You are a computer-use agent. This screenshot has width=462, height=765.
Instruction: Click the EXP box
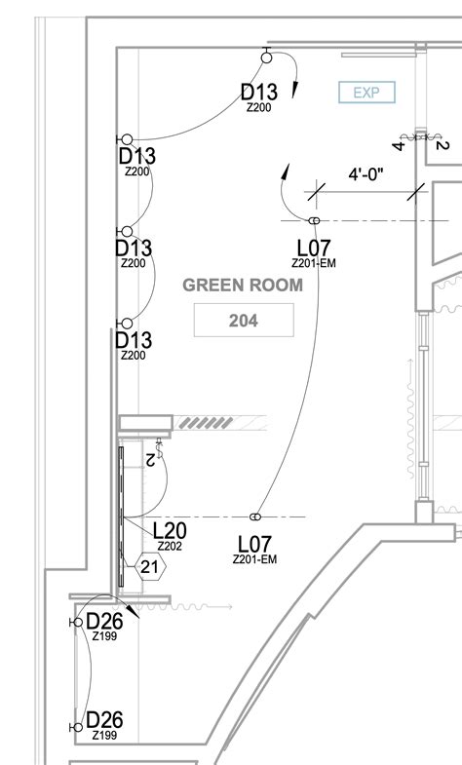coord(366,93)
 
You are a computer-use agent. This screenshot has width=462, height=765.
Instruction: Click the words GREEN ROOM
coord(243,286)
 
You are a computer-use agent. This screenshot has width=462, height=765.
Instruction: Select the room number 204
coord(243,319)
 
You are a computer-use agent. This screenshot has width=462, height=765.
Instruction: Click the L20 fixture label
coord(170,530)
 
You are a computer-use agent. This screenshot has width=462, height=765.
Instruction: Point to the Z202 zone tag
coord(170,547)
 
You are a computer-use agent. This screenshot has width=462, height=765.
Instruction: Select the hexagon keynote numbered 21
coord(150,566)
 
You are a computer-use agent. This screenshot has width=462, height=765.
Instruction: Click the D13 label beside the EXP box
coord(259,93)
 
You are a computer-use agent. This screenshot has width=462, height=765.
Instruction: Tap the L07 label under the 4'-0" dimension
coord(315,248)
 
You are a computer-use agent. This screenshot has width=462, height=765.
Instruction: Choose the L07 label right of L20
coord(255,544)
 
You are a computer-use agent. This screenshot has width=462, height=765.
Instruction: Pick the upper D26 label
coord(104,621)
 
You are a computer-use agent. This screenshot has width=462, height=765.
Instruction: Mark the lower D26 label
coord(104,720)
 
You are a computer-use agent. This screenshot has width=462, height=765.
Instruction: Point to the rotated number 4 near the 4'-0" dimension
coord(399,146)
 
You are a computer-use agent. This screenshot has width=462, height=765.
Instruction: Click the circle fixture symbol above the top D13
coord(266,58)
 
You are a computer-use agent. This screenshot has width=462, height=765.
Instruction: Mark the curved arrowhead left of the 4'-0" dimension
coord(286,172)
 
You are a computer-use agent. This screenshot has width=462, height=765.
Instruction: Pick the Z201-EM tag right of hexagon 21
coord(255,559)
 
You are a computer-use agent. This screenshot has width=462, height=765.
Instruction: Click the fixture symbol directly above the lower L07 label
coord(255,516)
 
